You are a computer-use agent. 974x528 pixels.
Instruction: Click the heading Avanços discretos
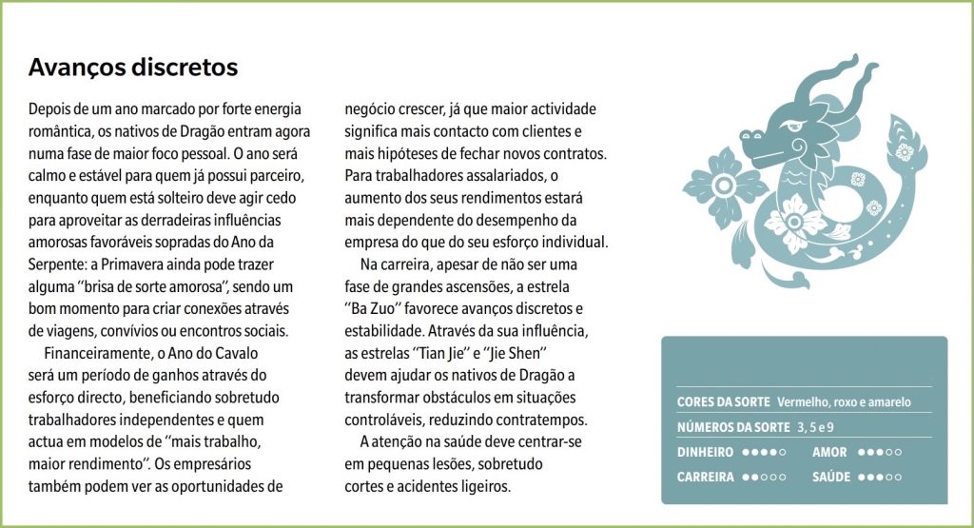click(x=133, y=68)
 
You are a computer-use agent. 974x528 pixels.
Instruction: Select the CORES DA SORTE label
click(x=723, y=402)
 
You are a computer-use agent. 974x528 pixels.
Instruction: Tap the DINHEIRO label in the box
click(x=705, y=452)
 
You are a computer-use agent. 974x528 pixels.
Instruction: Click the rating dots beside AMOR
click(x=881, y=452)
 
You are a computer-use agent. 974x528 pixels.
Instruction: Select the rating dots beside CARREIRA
click(x=764, y=477)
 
